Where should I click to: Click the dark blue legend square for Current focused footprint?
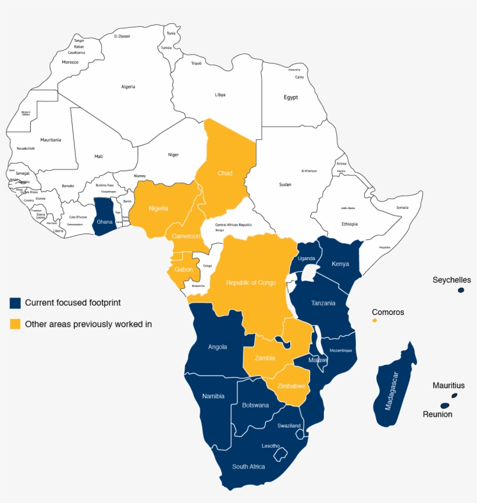point(15,303)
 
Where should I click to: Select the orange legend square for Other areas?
point(15,324)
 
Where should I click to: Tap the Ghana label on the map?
point(105,222)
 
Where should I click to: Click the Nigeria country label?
point(158,208)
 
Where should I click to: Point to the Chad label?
point(225,173)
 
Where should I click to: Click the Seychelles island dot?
point(461,290)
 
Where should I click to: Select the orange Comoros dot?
point(375,320)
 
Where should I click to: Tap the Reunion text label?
point(437,415)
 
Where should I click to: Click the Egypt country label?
point(291,97)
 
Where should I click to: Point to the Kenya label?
point(340,264)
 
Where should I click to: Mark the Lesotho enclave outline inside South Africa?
point(282,452)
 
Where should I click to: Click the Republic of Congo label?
point(251,282)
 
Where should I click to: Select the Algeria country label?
point(128,87)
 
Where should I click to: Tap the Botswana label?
point(255,405)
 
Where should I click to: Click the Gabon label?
point(184,270)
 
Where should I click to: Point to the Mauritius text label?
point(448,385)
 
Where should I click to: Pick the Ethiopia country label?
point(350,224)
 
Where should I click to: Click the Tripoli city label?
point(196,63)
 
